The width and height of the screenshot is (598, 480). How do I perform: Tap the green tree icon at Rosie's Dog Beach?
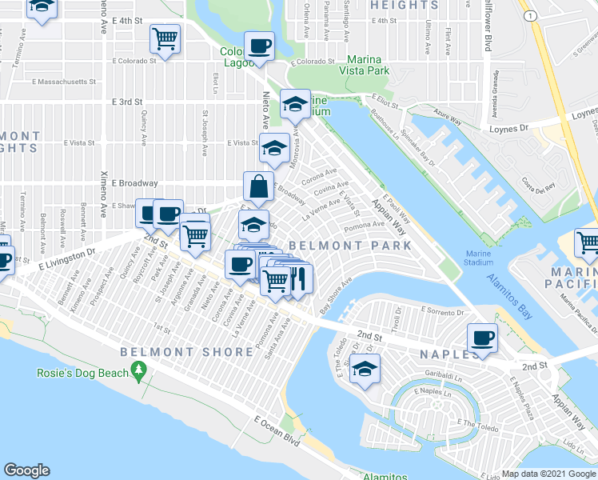click(139, 370)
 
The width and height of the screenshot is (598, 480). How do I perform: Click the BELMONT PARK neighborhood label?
click(350, 245)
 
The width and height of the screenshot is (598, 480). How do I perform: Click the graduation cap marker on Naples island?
click(365, 369)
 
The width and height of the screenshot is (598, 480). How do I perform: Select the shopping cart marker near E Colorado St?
click(165, 38)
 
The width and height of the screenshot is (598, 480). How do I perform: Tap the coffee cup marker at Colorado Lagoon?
click(258, 46)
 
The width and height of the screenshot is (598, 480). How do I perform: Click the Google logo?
click(26, 470)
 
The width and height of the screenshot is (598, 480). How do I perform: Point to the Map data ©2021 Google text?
click(548, 474)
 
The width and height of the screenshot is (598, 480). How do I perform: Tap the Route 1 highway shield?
click(528, 16)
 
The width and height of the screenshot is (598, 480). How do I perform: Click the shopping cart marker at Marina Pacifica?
click(588, 242)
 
